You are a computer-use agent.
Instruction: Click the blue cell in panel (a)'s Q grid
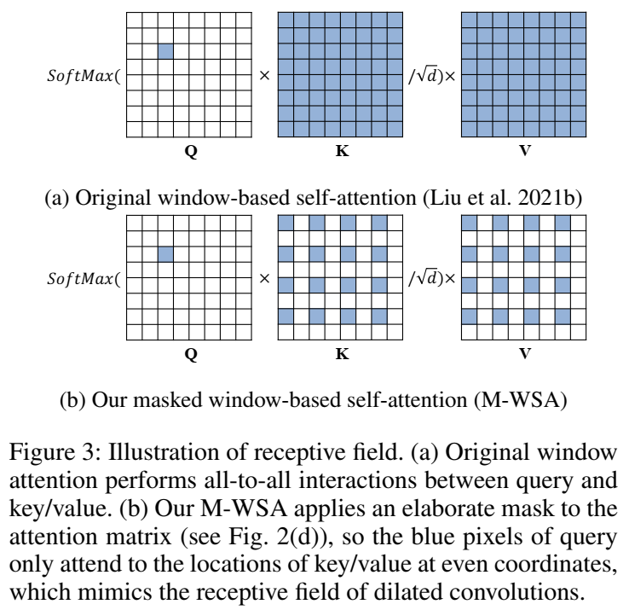166,52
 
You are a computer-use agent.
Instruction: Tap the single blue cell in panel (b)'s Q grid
166,254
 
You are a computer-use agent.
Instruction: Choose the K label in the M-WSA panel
342,353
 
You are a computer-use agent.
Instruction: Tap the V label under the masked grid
525,353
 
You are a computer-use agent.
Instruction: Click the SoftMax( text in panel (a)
84,76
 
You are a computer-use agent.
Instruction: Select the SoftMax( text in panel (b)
84,278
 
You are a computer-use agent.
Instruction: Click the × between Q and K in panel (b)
264,278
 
